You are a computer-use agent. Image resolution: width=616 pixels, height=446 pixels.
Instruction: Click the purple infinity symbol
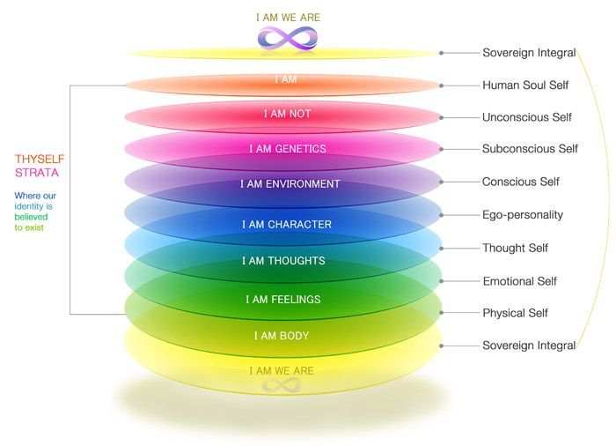pos(288,38)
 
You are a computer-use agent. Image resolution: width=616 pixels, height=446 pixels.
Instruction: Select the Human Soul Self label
pos(525,85)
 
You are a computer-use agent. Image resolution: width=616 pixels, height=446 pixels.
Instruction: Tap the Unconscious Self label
pos(527,117)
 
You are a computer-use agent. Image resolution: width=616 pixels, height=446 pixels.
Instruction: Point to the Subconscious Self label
pos(530,149)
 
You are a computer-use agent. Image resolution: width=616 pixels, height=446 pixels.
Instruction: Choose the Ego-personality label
pos(523,215)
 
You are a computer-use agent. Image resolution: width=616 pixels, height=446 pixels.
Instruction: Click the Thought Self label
pos(515,248)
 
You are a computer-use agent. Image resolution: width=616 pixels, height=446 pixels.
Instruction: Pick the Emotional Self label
pos(520,281)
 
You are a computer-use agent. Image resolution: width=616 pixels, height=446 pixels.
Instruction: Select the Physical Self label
pos(515,313)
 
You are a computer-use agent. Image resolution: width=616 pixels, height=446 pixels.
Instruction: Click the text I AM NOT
pos(288,114)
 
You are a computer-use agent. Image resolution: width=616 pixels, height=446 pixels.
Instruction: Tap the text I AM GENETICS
pos(288,149)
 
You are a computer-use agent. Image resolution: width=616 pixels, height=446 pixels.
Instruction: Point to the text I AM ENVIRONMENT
pos(290,184)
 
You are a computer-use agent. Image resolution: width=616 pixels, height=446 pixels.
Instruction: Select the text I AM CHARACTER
pos(287,225)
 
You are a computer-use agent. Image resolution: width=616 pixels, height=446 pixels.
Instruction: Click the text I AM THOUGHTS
pos(283,261)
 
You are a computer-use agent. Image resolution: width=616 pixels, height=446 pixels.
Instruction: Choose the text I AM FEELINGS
pos(283,300)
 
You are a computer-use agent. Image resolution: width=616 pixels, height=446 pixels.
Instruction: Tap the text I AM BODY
pos(282,336)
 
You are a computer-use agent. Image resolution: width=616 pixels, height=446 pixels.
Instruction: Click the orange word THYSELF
pos(40,159)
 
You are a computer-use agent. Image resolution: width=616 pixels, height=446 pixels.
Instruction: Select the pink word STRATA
pos(37,173)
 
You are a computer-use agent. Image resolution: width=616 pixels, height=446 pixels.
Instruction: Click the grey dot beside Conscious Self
pos(442,182)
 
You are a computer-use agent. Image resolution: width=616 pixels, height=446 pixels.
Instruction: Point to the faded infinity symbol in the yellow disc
pos(282,385)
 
